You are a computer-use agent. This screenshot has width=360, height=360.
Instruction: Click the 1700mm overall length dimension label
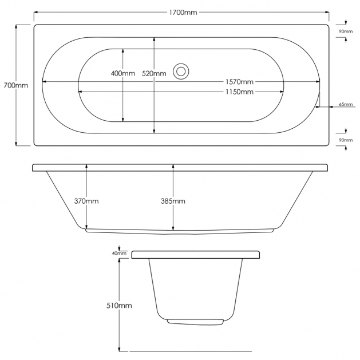coord(183,13)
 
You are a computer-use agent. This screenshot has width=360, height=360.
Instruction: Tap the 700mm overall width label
coord(16,85)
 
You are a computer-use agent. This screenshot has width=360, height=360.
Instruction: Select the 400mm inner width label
coord(123,73)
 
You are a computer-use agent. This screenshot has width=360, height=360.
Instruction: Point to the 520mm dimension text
coord(154,73)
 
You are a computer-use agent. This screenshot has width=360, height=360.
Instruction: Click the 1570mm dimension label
coord(239,82)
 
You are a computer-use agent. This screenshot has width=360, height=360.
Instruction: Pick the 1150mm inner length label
coord(239,92)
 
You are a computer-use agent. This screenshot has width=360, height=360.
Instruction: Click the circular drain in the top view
coord(181,72)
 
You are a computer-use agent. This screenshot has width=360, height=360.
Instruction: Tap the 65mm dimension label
coord(346,104)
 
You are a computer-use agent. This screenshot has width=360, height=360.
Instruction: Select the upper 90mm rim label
coord(346,31)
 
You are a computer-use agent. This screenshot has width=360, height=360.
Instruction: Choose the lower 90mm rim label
coord(346,140)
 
